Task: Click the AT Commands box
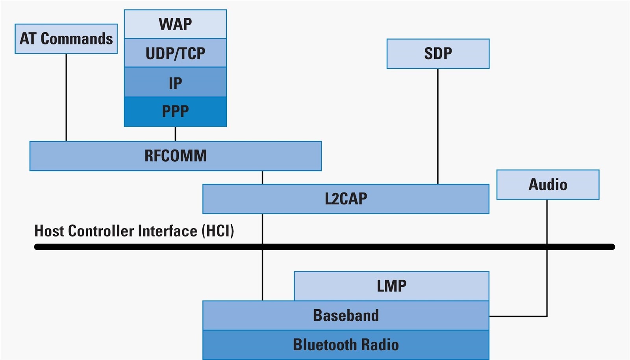(x=66, y=39)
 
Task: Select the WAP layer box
(x=175, y=24)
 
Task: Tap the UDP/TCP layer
(x=175, y=53)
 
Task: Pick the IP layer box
(x=175, y=83)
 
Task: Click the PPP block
(x=175, y=112)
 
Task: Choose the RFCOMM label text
(x=175, y=156)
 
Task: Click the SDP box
(x=438, y=54)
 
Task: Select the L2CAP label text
(x=346, y=199)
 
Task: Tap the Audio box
(x=548, y=185)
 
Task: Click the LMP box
(x=391, y=286)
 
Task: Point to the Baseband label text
(x=346, y=316)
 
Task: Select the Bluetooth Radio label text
(x=346, y=345)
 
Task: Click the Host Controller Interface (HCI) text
(x=134, y=231)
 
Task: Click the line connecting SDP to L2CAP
(x=438, y=126)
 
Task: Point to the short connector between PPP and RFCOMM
(x=175, y=134)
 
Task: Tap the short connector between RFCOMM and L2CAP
(x=263, y=177)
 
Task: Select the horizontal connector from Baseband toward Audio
(x=518, y=316)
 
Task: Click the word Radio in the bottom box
(x=380, y=345)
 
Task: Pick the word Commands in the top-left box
(x=77, y=39)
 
